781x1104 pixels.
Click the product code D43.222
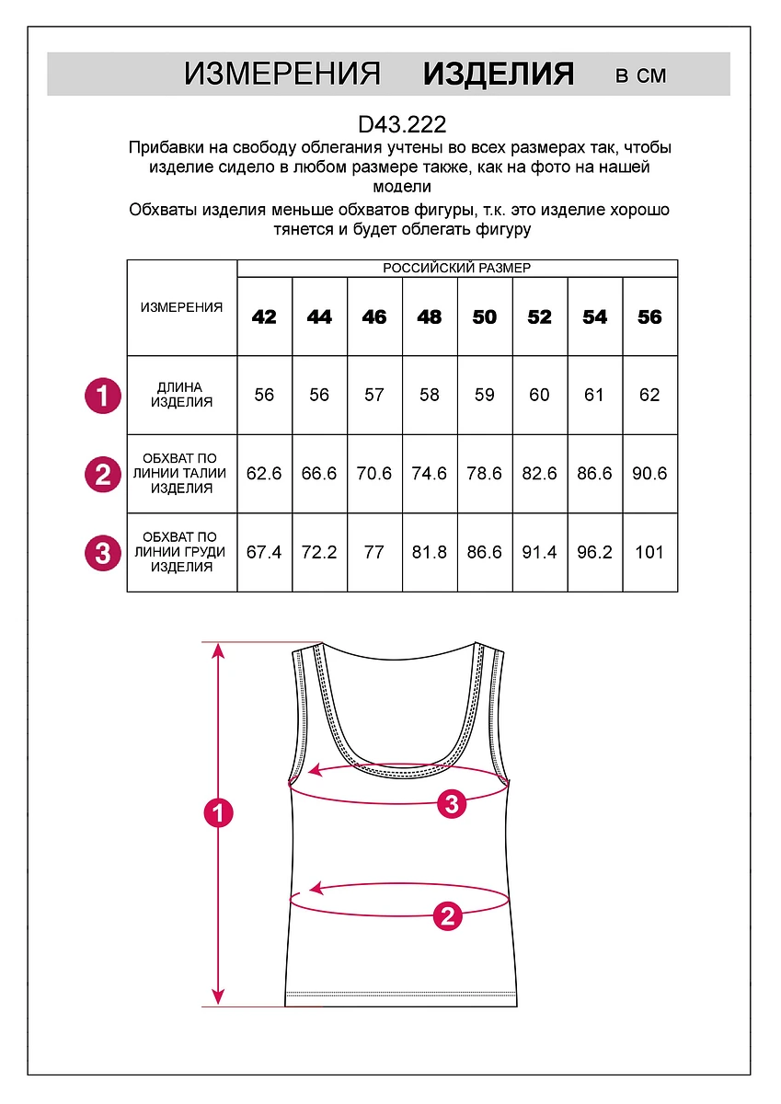[402, 124]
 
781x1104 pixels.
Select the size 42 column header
[264, 317]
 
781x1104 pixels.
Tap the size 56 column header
[649, 317]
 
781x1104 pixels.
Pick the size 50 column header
[485, 317]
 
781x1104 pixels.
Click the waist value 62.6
[265, 474]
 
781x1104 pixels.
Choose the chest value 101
[649, 552]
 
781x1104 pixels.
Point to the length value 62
[649, 395]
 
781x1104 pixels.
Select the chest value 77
[374, 552]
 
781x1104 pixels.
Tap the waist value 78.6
[485, 474]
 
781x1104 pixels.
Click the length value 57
[374, 395]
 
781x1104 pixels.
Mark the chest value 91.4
[540, 552]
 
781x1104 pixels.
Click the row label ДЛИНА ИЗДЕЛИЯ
[181, 395]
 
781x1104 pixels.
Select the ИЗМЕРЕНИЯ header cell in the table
[181, 307]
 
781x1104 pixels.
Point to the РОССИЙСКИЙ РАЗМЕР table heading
[457, 268]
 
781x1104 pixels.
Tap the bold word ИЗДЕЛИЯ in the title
[499, 75]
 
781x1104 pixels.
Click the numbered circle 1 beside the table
[103, 396]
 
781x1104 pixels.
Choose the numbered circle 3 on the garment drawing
[451, 804]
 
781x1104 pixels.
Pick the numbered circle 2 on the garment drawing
[447, 914]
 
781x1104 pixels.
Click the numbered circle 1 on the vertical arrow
[219, 813]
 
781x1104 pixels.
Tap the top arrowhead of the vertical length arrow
[219, 650]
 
